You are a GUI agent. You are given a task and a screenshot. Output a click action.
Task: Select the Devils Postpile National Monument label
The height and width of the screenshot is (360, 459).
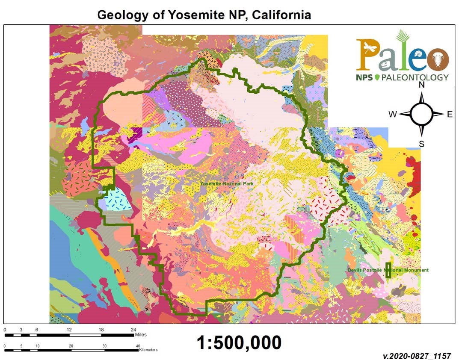click(388, 270)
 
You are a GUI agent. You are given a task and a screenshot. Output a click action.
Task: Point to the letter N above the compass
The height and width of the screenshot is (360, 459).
click(421, 85)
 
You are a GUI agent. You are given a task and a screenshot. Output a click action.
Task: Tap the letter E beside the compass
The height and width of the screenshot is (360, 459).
click(450, 114)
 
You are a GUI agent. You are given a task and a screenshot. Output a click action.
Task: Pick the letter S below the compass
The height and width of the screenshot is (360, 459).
click(421, 144)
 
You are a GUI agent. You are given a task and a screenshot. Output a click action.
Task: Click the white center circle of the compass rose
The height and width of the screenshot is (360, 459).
click(421, 114)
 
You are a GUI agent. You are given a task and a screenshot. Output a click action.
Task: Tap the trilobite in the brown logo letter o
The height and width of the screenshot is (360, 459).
click(437, 58)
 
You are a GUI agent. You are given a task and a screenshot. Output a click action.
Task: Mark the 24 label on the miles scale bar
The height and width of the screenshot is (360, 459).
click(133, 330)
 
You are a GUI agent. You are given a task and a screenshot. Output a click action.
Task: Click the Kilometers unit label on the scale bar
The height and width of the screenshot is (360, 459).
click(148, 350)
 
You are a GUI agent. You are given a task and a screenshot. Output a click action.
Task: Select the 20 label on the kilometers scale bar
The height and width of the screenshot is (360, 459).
click(71, 345)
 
